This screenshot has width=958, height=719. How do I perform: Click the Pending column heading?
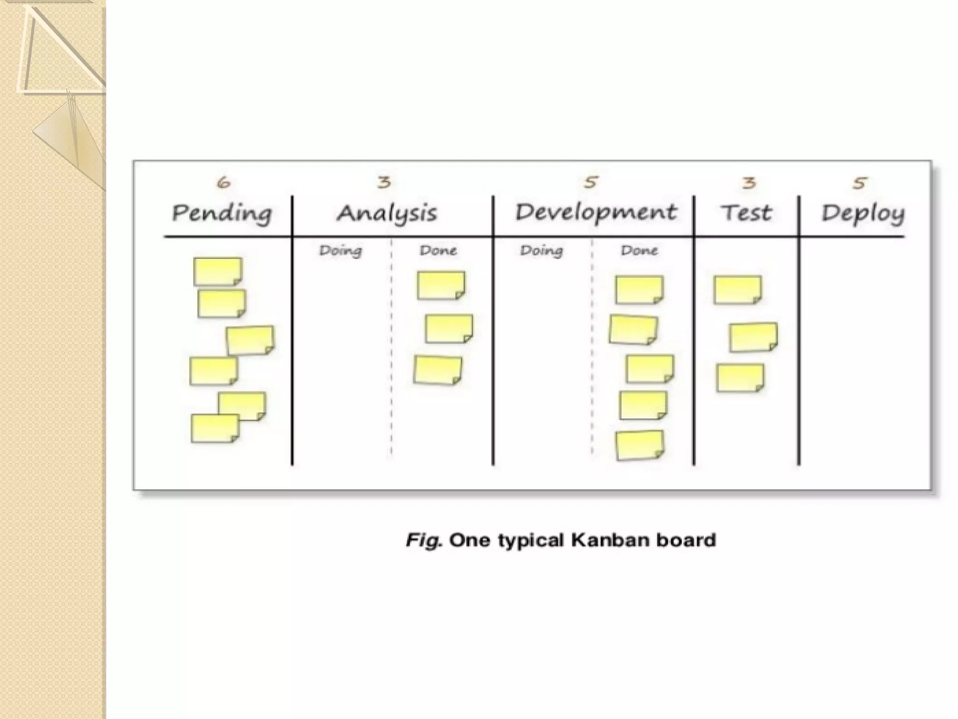222,213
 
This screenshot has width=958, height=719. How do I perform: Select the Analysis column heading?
387,213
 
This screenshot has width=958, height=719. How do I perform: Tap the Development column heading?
596,212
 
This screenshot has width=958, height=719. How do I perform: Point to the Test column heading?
746,213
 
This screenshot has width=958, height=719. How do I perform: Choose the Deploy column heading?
863,214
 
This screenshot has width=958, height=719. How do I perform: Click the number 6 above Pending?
224,182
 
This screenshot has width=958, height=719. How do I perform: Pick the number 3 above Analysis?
384,182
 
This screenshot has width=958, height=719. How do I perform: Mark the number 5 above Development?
591,182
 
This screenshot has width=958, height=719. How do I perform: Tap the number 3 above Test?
749,182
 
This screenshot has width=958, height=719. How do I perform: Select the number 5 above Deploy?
859,183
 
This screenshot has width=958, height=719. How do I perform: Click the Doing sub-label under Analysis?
341,251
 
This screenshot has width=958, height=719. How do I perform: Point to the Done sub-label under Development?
639,250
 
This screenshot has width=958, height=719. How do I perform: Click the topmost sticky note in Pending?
218,271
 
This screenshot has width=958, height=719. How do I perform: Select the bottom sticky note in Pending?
215,428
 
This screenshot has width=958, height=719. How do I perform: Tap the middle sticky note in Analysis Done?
449,329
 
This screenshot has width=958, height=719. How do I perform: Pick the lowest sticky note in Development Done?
639,445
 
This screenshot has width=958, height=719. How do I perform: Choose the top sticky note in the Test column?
737,290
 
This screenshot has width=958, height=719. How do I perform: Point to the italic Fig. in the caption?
423,541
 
